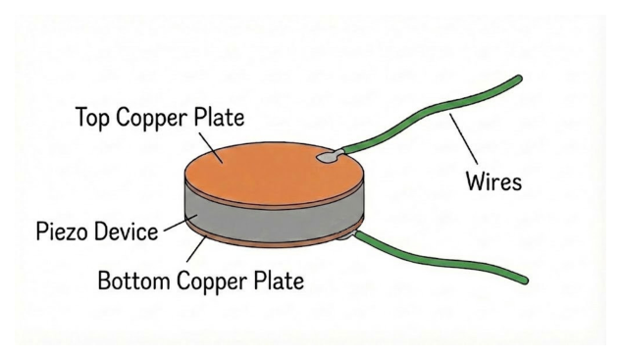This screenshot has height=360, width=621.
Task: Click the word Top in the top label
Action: point(92,118)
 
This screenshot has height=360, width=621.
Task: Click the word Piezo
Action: point(61,231)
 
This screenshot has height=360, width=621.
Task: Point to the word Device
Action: point(125,231)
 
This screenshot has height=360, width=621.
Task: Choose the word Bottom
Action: point(133,281)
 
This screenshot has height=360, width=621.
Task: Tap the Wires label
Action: point(493,181)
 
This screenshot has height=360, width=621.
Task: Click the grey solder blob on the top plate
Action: point(329,157)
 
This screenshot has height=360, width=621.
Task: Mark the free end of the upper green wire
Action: point(518,78)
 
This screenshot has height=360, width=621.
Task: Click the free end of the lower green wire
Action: point(524,280)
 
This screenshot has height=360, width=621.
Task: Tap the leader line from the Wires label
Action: point(463,138)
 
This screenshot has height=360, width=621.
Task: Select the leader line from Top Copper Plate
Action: point(210,147)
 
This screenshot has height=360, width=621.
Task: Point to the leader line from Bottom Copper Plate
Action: point(196,249)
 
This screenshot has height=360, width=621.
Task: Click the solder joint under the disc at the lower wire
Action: point(345,235)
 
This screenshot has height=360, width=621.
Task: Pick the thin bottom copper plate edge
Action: point(274,240)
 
